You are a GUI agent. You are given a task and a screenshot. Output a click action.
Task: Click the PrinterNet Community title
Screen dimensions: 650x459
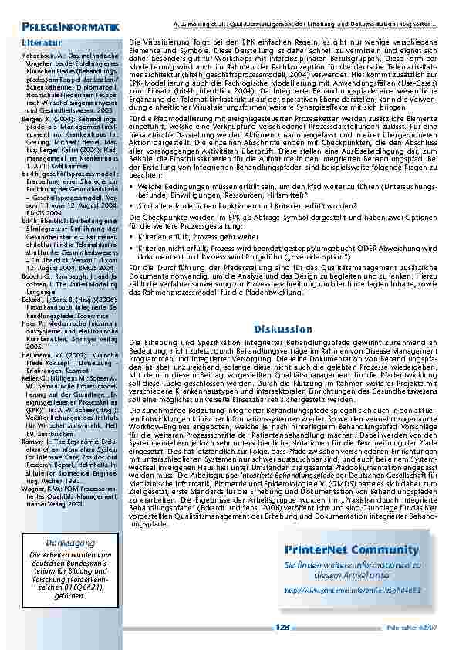point(352,550)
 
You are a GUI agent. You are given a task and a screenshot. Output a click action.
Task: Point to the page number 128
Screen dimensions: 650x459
point(282,628)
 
